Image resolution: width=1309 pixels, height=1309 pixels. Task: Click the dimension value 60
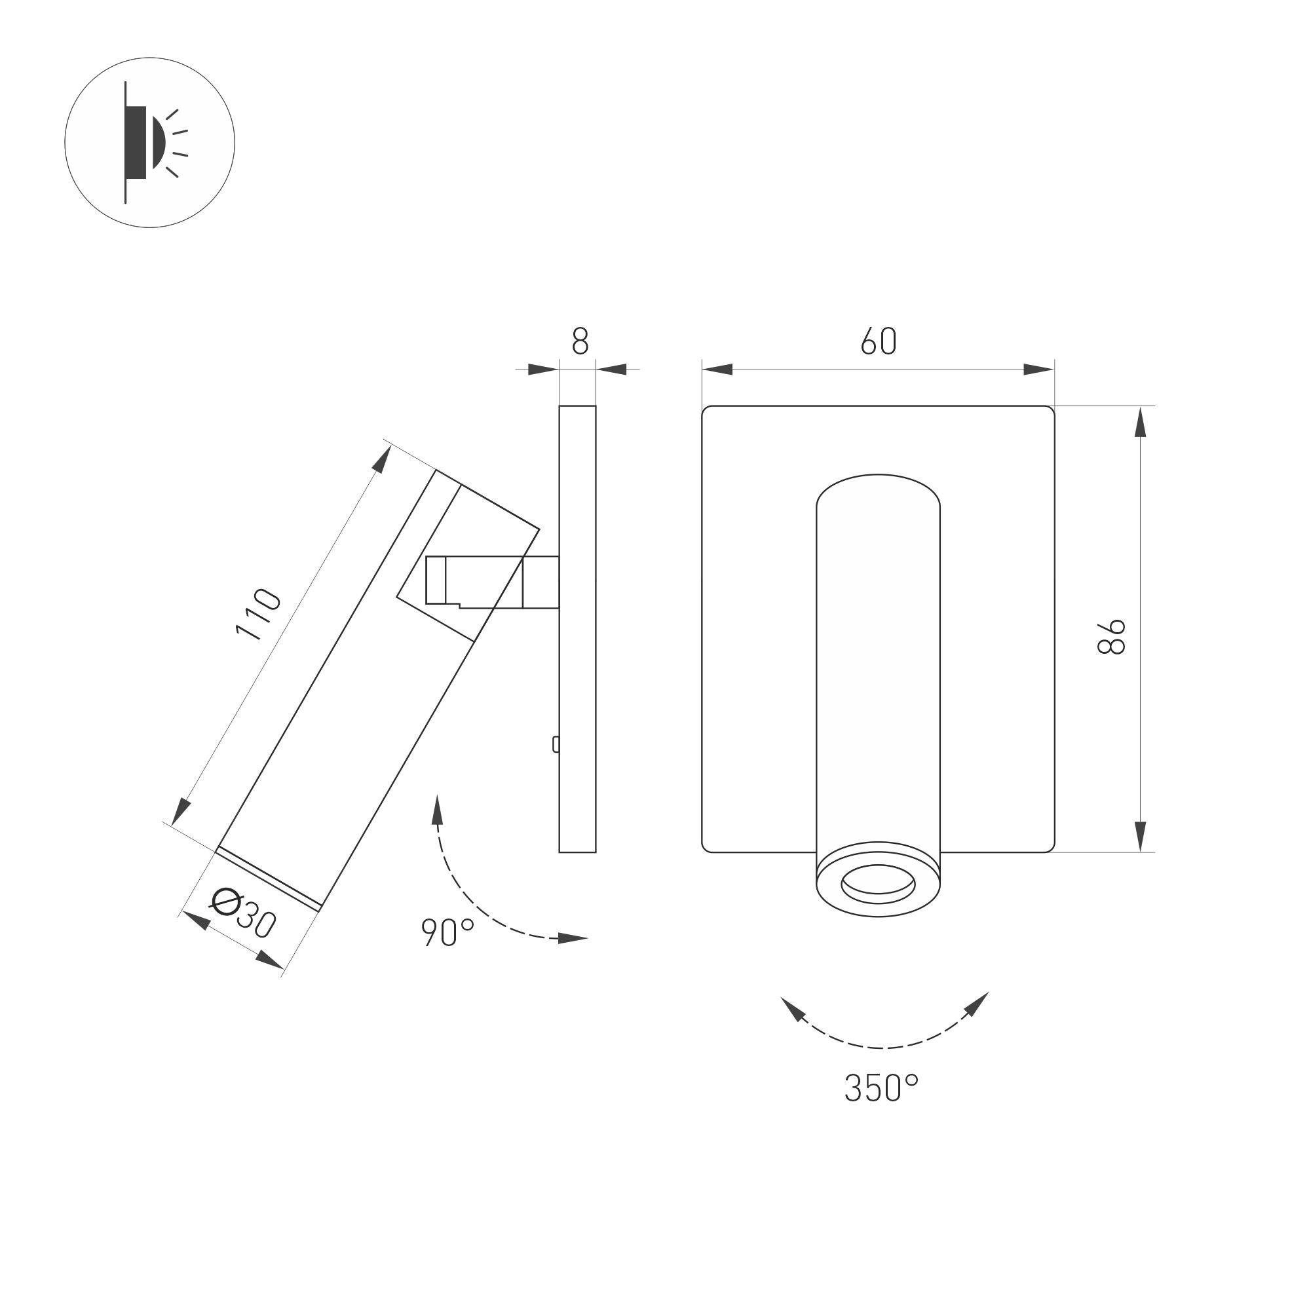coord(879,341)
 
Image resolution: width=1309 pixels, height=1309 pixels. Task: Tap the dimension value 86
coord(1111,636)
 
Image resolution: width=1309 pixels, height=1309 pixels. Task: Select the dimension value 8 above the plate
coord(580,341)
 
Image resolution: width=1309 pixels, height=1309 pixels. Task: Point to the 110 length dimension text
coord(259,615)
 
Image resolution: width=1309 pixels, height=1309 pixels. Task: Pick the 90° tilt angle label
coord(447,932)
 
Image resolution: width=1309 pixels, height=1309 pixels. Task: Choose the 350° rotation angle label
coord(880,1088)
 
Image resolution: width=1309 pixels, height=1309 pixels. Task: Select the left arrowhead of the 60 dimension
coord(717,370)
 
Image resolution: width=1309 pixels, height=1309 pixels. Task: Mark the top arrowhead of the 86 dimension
coord(1140,423)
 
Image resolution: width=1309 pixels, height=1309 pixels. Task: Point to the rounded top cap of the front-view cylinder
coord(878,489)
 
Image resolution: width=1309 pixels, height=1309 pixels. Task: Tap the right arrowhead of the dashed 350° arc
coord(977,1004)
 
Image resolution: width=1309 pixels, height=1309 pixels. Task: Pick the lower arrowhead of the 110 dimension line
coord(181,812)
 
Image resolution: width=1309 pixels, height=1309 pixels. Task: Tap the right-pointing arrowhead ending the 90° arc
coord(573,938)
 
